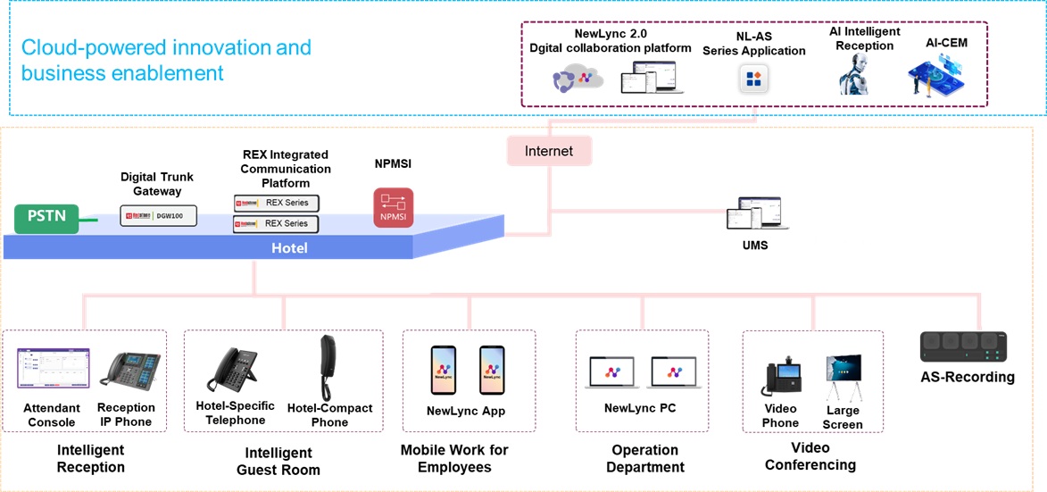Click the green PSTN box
pos(46,217)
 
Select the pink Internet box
pos(549,151)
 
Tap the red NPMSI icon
pos(393,207)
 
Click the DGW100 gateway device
pos(159,215)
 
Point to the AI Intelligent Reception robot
pos(853,74)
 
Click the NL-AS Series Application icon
pos(753,79)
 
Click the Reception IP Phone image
pos(129,369)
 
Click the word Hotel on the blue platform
pos(289,247)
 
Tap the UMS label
pos(754,245)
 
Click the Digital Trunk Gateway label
pos(157,184)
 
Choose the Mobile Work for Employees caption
pos(454,458)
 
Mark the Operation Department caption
pos(645,458)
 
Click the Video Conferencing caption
pos(810,455)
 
